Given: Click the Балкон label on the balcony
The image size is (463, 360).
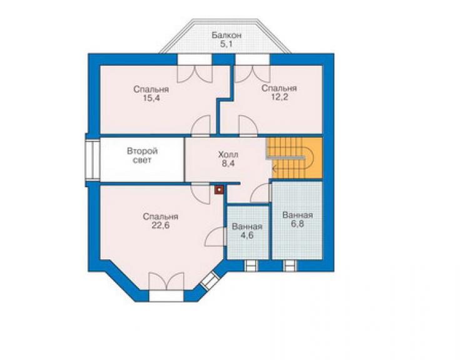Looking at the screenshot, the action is [226, 35].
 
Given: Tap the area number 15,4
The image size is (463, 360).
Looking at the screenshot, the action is [151, 98].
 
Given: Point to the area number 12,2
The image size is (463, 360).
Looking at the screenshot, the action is [279, 97].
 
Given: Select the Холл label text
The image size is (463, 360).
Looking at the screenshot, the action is [228, 155].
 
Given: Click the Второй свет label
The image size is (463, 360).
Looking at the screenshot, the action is [142, 156].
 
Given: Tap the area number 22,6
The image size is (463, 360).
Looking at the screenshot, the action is [161, 225].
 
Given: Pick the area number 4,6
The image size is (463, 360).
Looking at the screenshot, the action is [247, 235].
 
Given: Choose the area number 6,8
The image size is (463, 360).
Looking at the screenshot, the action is [297, 224].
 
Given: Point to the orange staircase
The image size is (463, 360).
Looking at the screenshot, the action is [294, 158].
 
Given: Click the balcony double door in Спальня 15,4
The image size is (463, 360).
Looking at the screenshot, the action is [195, 74].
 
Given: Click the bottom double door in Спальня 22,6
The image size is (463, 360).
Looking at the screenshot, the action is [166, 281].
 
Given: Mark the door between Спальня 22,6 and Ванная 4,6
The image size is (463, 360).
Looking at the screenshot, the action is [216, 237].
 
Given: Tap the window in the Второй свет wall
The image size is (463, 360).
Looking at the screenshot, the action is [93, 160].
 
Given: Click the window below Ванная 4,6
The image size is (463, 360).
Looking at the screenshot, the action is [251, 265].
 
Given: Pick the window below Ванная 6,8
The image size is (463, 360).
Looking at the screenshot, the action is [290, 265].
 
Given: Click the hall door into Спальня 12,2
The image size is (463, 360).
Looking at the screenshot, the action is [248, 126].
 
